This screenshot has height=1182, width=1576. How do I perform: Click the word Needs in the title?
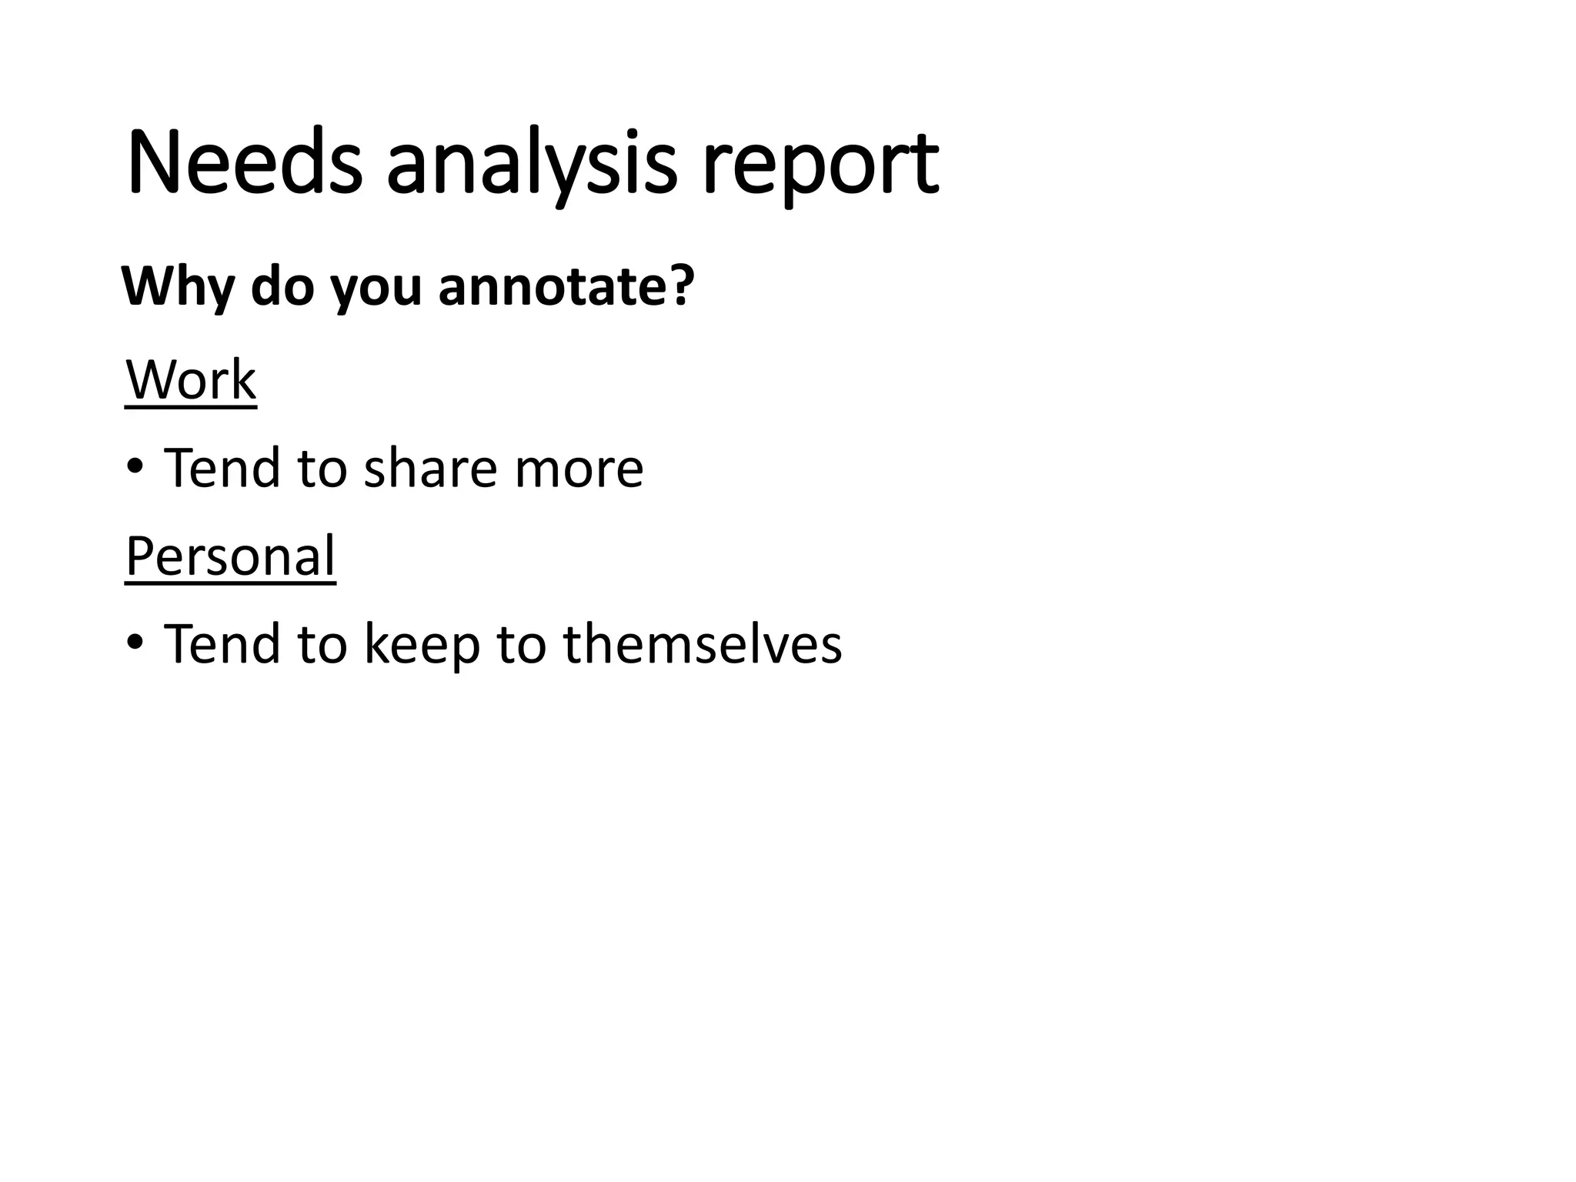pyautogui.click(x=245, y=164)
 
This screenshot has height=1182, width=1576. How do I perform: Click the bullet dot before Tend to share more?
pyautogui.click(x=135, y=467)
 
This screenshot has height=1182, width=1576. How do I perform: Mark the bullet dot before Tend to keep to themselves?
pyautogui.click(x=135, y=643)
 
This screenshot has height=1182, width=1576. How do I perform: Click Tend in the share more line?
pyautogui.click(x=222, y=467)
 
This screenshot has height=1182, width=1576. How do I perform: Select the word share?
pyautogui.click(x=430, y=467)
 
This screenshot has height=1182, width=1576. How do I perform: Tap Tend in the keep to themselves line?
pyautogui.click(x=222, y=643)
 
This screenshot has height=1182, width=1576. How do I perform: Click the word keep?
pyautogui.click(x=422, y=644)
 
